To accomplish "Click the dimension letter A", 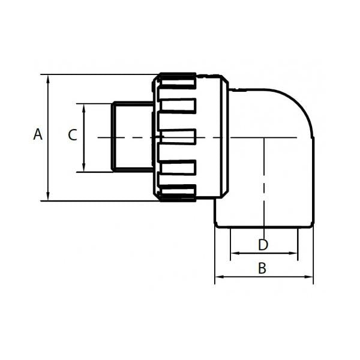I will [x=38, y=135].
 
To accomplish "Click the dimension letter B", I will [x=262, y=268].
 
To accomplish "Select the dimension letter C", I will [x=72, y=135].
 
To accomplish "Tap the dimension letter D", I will [x=262, y=245].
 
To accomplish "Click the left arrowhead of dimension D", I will [x=233, y=253].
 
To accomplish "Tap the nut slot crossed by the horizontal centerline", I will [x=178, y=137].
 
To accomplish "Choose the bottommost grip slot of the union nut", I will [x=178, y=193].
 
